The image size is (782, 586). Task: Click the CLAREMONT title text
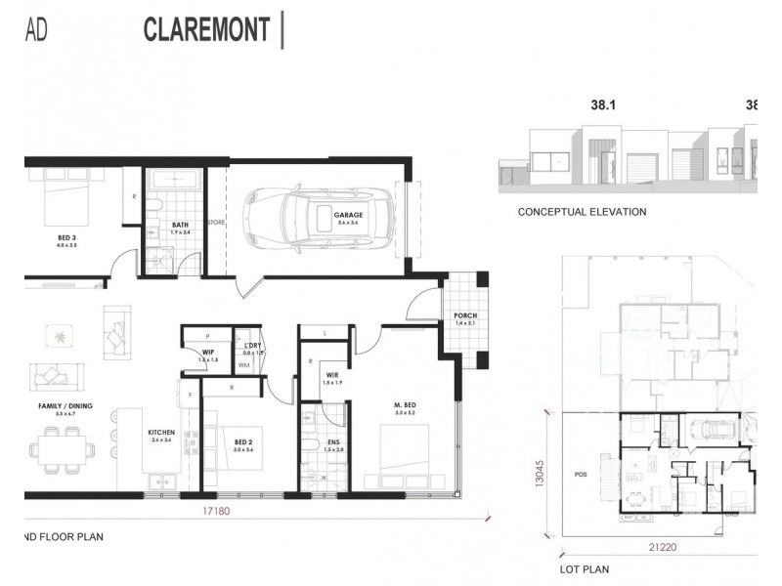point(206,29)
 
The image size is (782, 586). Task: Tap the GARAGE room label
point(348,215)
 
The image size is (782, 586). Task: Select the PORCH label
point(464,316)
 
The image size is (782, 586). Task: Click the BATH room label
point(180,226)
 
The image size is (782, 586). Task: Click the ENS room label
point(333,443)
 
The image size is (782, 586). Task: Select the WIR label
point(333,374)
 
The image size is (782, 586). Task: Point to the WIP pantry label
point(208,353)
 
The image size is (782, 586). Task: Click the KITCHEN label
point(160,432)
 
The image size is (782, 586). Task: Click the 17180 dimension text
point(214,511)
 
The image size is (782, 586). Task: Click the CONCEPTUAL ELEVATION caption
point(582,212)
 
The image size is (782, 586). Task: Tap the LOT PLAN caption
point(585,567)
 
